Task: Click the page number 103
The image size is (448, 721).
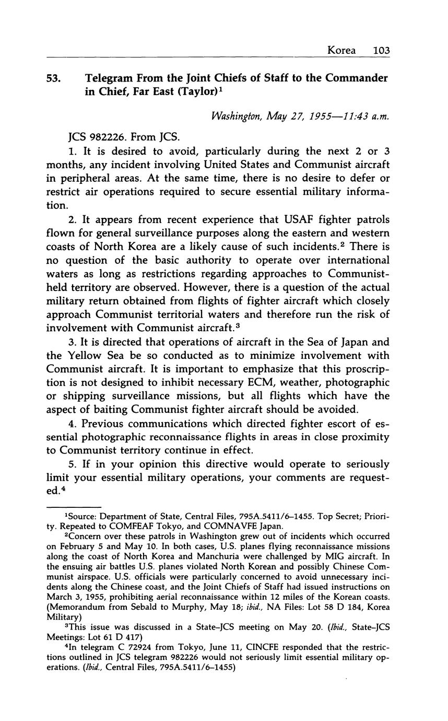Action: click(382, 51)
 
